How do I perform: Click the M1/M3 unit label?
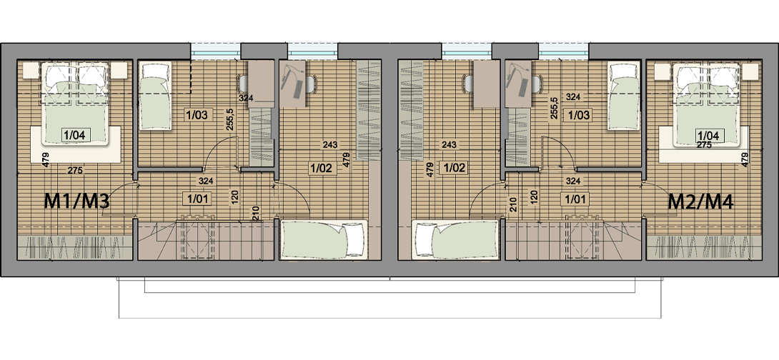76,201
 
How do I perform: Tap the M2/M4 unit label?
700,201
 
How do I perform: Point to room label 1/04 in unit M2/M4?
709,135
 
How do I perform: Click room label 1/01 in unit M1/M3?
197,199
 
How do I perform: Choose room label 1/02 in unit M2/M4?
455,168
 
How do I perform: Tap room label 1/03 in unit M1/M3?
197,116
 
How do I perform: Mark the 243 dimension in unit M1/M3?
330,145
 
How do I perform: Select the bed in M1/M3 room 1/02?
324,240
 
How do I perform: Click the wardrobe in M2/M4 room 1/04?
703,247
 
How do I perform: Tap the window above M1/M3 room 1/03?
216,50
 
